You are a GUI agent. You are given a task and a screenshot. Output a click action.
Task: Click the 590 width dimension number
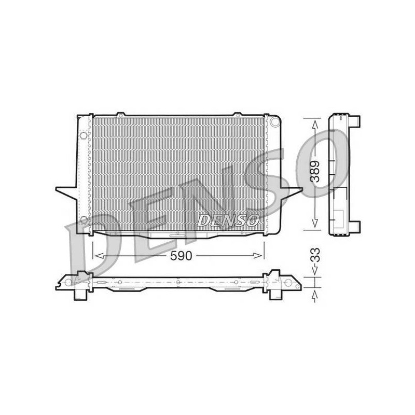[181, 256]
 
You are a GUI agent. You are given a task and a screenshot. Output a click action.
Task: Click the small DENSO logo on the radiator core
[228, 220]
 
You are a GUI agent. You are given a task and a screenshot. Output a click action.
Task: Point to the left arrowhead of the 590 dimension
[99, 256]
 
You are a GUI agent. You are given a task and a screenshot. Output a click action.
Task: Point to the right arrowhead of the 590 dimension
[258, 256]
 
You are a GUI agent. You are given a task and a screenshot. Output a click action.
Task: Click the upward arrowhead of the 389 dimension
[315, 125]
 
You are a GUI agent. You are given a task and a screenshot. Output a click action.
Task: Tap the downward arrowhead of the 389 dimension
[315, 223]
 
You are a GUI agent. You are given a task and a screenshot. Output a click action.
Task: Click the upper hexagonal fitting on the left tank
[84, 135]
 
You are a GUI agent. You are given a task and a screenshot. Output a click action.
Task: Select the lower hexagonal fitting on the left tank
[84, 219]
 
